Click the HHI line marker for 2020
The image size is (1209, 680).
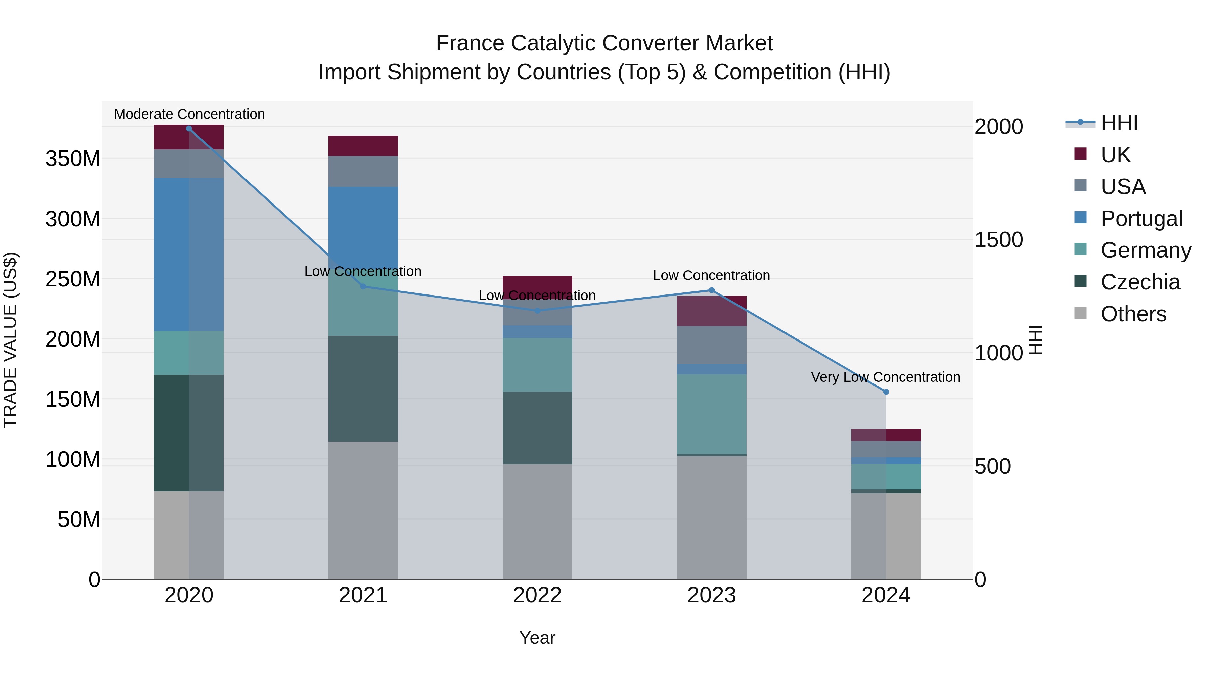click(x=189, y=129)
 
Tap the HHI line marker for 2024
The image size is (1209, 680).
click(x=886, y=392)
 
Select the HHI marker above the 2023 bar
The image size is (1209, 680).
click(x=712, y=290)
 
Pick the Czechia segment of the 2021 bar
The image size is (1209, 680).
click(x=363, y=389)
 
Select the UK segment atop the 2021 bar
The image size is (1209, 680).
click(x=363, y=146)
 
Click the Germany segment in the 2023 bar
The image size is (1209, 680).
click(x=712, y=414)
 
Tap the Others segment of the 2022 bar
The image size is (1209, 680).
click(x=537, y=522)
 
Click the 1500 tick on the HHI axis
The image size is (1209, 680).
click(x=999, y=240)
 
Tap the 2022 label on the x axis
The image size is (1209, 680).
click(x=537, y=595)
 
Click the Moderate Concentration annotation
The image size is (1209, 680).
click(x=189, y=115)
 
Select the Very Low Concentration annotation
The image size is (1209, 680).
click(x=886, y=377)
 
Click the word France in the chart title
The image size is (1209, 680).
click(x=470, y=44)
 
